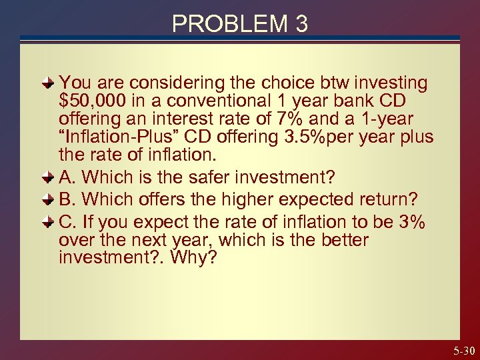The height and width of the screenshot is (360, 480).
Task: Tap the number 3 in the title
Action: pyautogui.click(x=301, y=24)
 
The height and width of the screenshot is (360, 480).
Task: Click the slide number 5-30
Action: pyautogui.click(x=463, y=350)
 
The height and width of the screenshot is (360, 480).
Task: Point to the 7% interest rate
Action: pyautogui.click(x=328, y=119)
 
